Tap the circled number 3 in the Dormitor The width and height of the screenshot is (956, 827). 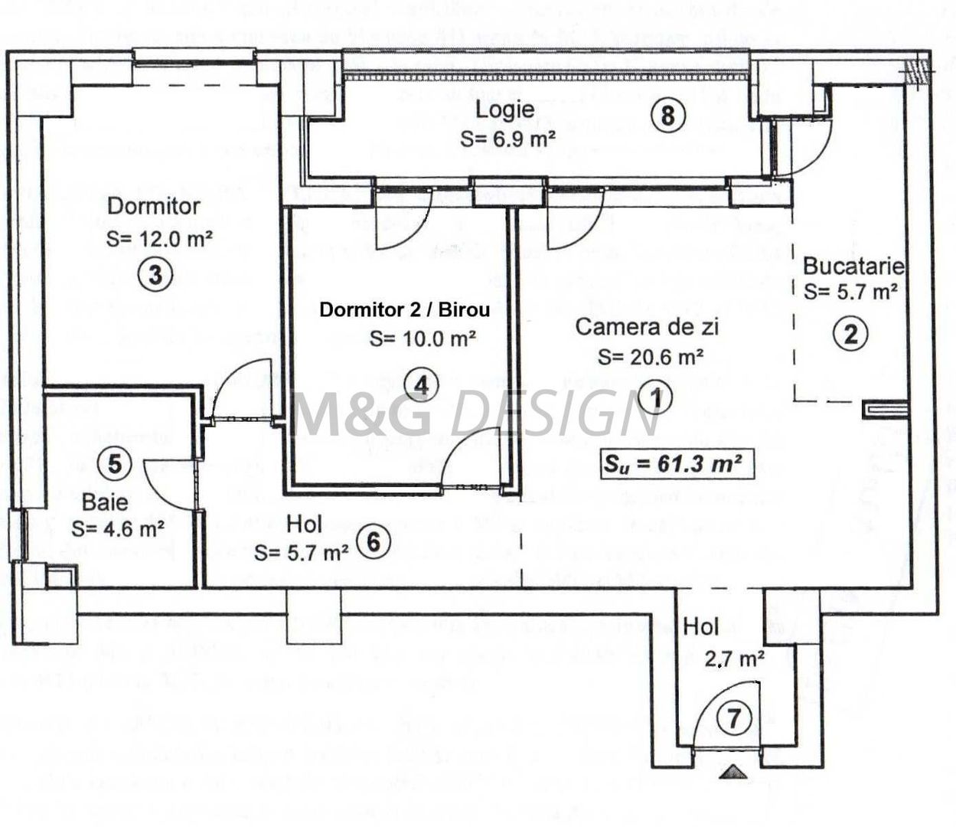click(x=155, y=273)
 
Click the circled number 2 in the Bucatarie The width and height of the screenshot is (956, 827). click(x=850, y=334)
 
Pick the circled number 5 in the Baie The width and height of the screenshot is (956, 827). click(x=114, y=463)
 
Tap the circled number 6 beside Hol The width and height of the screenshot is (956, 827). click(x=374, y=541)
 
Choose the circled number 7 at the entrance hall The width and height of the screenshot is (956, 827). click(x=733, y=719)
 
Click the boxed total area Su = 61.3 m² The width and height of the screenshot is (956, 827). click(x=677, y=464)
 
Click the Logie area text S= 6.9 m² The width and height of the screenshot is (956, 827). click(x=507, y=139)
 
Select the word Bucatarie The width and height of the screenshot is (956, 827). click(x=853, y=266)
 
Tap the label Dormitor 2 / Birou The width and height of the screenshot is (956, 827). click(x=405, y=310)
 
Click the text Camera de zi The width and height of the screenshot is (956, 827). click(x=647, y=327)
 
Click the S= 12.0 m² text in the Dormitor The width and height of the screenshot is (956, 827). click(x=159, y=238)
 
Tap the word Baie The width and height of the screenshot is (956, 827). click(x=106, y=503)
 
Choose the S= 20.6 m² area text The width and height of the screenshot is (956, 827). click(x=651, y=357)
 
